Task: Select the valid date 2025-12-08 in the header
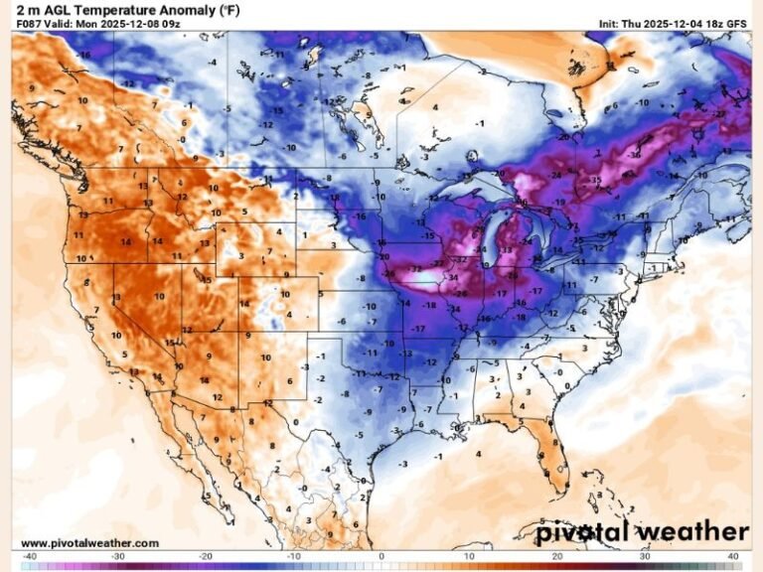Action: [124, 22]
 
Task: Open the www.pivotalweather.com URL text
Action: [89, 543]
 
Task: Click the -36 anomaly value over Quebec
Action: [634, 154]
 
